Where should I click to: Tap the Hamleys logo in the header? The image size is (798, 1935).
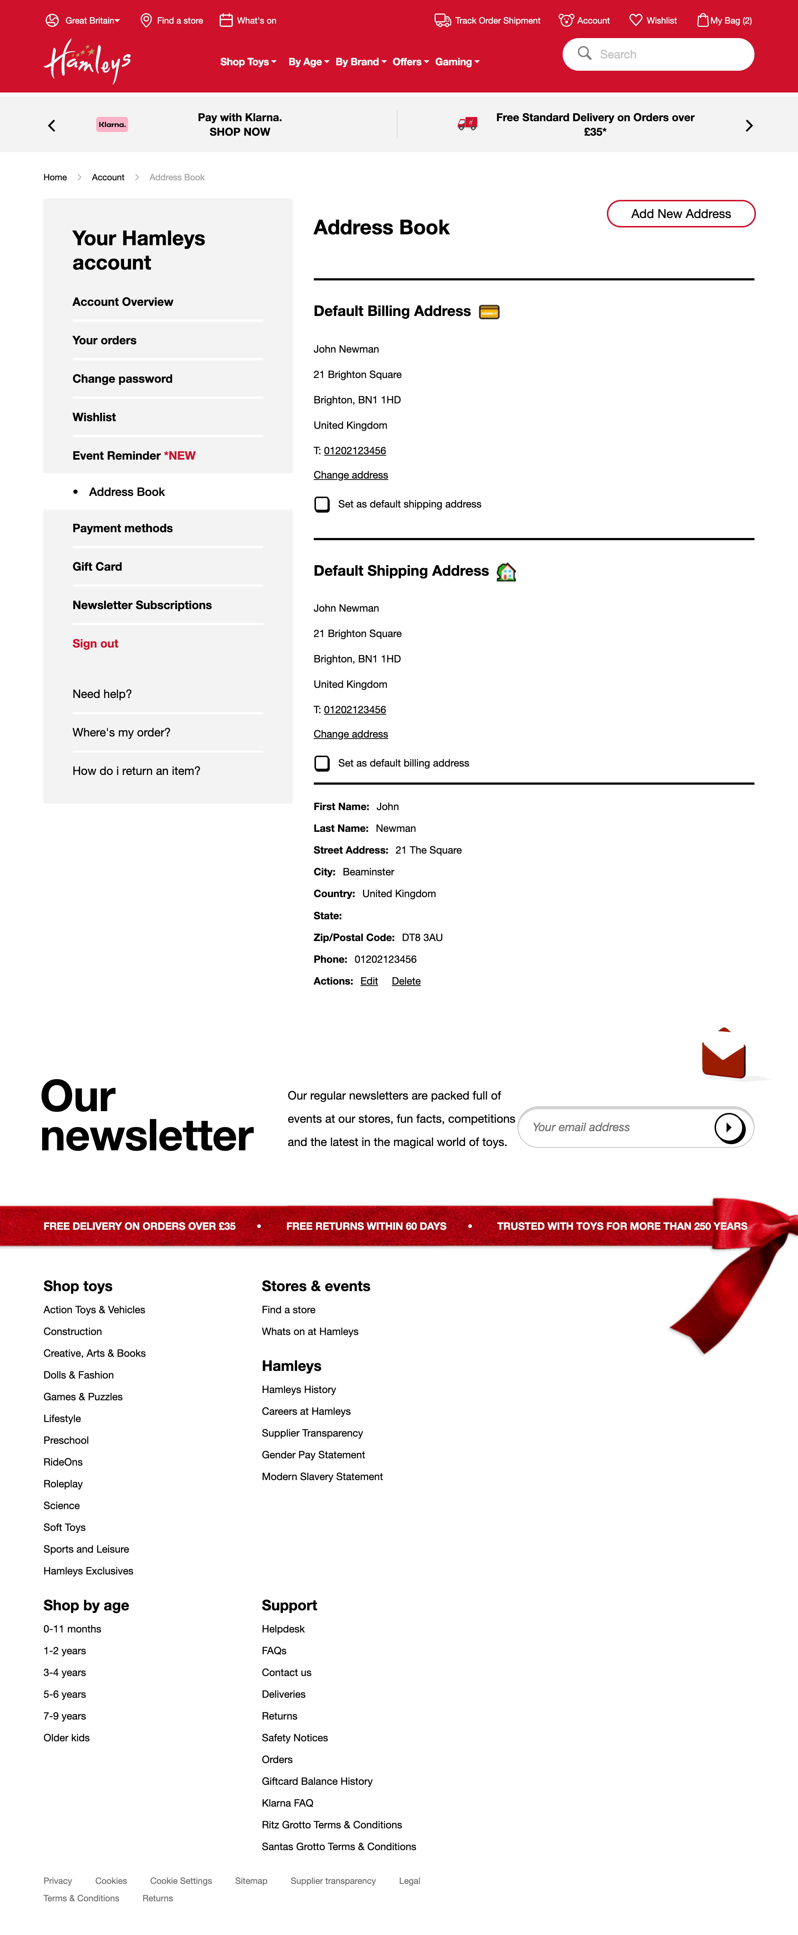pyautogui.click(x=87, y=62)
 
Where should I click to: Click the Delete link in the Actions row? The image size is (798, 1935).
pyautogui.click(x=406, y=982)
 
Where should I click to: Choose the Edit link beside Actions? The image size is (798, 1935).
pyautogui.click(x=369, y=982)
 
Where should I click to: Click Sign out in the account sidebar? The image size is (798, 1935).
pyautogui.click(x=95, y=644)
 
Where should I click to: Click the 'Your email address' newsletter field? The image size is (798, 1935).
pyautogui.click(x=616, y=1127)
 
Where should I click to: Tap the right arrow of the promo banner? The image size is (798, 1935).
pyautogui.click(x=748, y=126)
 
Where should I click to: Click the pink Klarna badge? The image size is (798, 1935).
pyautogui.click(x=112, y=125)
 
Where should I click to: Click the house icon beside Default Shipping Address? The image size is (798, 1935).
pyautogui.click(x=506, y=572)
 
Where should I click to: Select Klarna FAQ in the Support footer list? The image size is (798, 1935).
pyautogui.click(x=287, y=1804)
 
